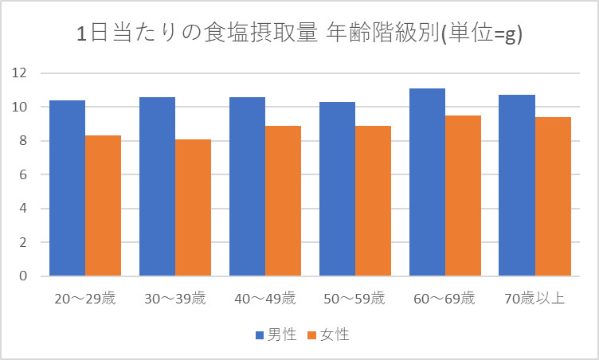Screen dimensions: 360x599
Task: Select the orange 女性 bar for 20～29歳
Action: (103, 206)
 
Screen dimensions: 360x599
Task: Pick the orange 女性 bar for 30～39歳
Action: (193, 208)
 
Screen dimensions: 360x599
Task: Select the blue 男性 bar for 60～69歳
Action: (427, 182)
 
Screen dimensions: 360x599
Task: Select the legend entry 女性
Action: (327, 335)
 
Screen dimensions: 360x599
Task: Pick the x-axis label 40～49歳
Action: (264, 299)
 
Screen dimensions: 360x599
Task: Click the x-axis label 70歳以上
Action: (534, 299)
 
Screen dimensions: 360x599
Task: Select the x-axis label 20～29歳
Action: (84, 299)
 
